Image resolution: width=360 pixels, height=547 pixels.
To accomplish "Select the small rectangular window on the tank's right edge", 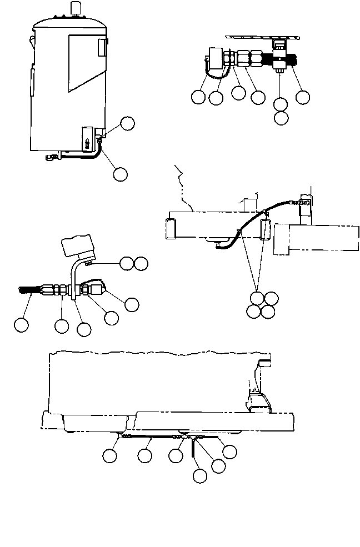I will (x=102, y=48).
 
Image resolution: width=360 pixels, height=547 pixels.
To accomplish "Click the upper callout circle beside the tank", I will (x=128, y=123).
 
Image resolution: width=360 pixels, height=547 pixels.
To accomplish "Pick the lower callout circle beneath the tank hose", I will (x=119, y=174).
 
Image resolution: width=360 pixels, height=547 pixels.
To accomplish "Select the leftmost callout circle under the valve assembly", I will (x=197, y=97).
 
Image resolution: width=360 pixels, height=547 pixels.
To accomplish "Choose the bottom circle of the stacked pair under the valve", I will (x=281, y=118).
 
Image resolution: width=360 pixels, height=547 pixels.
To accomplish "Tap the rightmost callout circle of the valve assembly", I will (x=302, y=97).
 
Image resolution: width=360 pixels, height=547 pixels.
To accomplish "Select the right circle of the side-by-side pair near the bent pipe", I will (x=142, y=263).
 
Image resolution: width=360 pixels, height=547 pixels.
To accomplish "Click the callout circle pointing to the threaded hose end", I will (x=21, y=325).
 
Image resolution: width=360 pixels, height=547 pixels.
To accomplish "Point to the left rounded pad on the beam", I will (x=171, y=228).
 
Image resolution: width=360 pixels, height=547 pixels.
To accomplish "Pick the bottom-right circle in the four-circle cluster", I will (x=268, y=312).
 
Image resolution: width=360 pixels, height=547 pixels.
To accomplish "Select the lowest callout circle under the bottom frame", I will (x=199, y=476).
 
